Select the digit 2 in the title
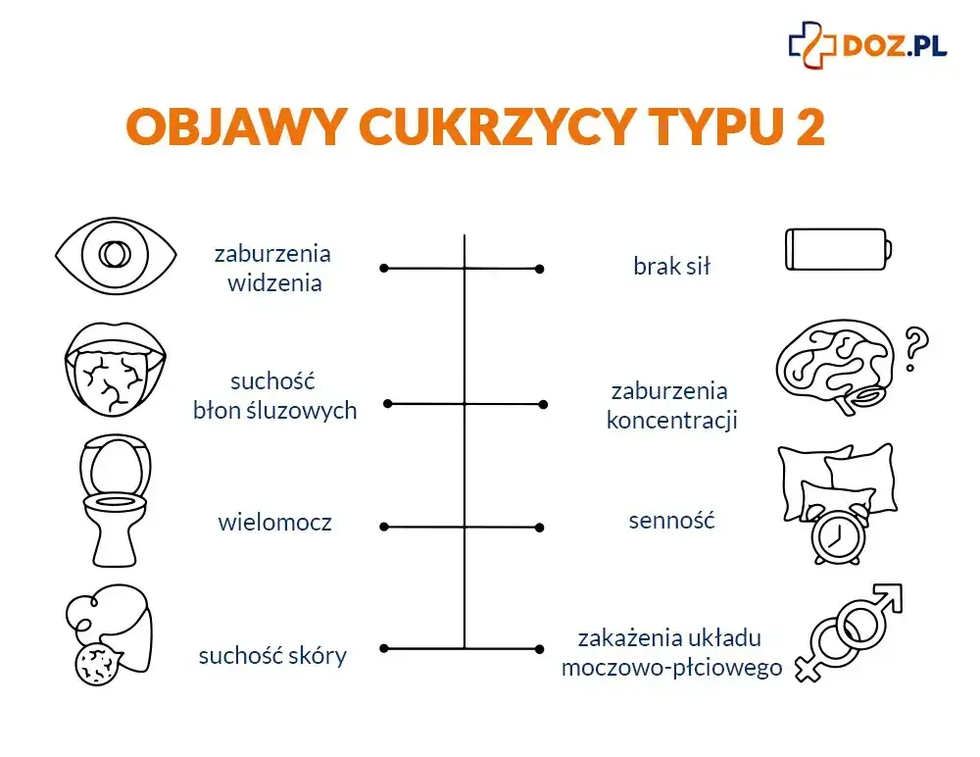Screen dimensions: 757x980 [809, 126]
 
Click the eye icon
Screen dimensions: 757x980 [116, 257]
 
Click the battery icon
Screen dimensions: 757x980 [839, 250]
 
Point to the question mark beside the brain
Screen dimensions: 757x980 [914, 348]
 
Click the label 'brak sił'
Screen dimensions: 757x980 [671, 266]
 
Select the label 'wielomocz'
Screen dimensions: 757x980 [274, 523]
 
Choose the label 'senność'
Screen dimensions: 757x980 [671, 520]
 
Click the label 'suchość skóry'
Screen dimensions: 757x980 [272, 655]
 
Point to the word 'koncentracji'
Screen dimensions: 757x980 [671, 422]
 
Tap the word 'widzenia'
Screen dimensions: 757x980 [274, 284]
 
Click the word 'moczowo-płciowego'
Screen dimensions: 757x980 [671, 668]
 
